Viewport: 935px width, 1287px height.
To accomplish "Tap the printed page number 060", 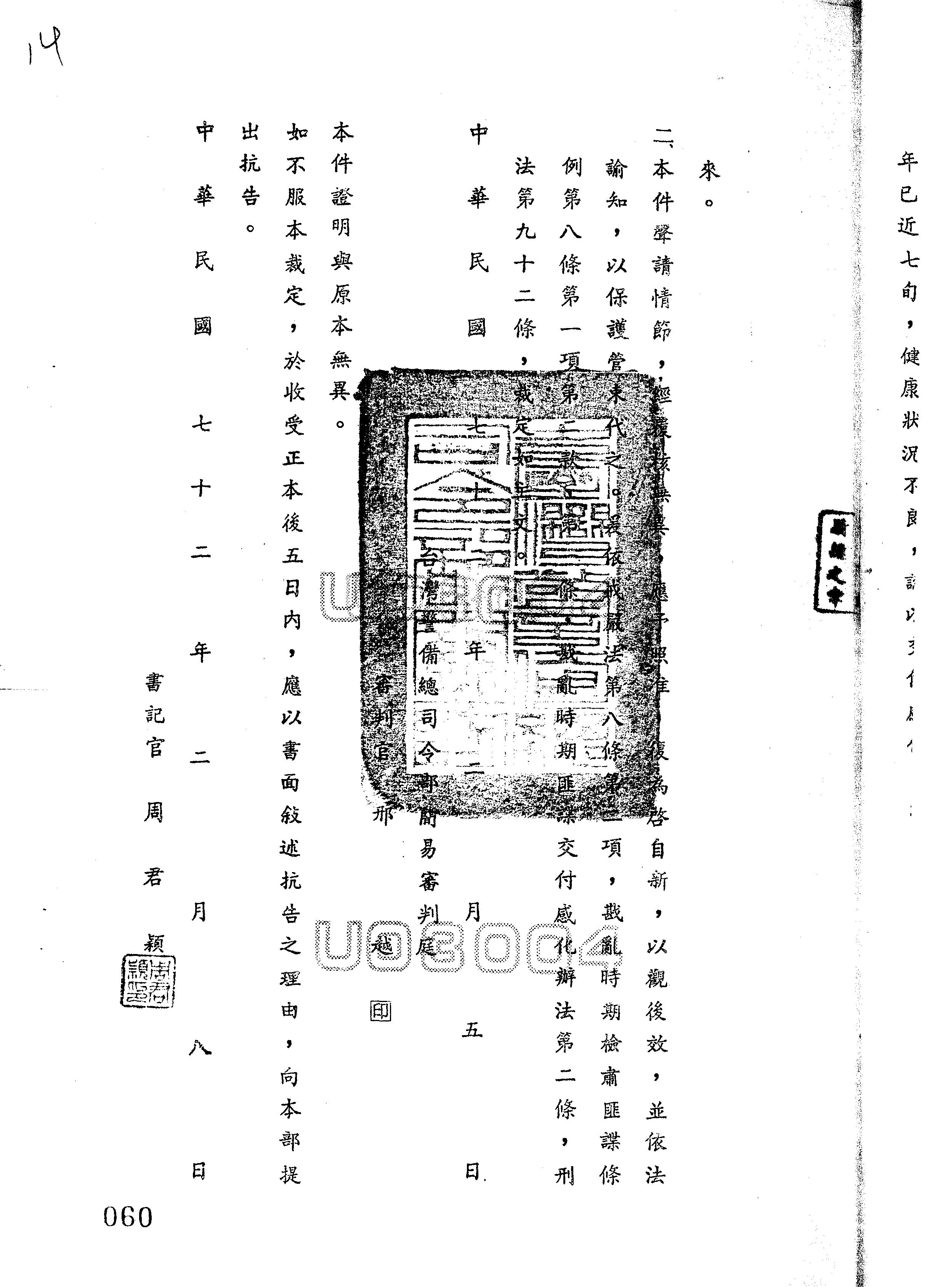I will click(x=128, y=1217).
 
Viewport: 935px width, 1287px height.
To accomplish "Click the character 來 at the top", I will click(x=709, y=172).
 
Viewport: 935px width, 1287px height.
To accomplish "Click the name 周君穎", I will click(x=153, y=877).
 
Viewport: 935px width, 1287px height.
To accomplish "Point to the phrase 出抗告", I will click(x=250, y=165).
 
